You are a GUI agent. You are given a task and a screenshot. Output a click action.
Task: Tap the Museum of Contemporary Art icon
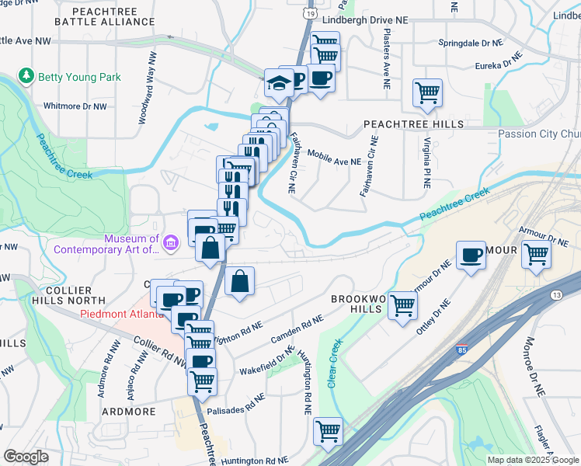point(172,244)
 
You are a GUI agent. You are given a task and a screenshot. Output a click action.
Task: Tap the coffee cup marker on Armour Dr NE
point(471,255)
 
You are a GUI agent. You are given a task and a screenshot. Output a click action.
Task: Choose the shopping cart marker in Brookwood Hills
point(402,304)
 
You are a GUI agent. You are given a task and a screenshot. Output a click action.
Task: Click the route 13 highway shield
point(556,294)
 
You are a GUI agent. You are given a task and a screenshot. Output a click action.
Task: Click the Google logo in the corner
point(26,457)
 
